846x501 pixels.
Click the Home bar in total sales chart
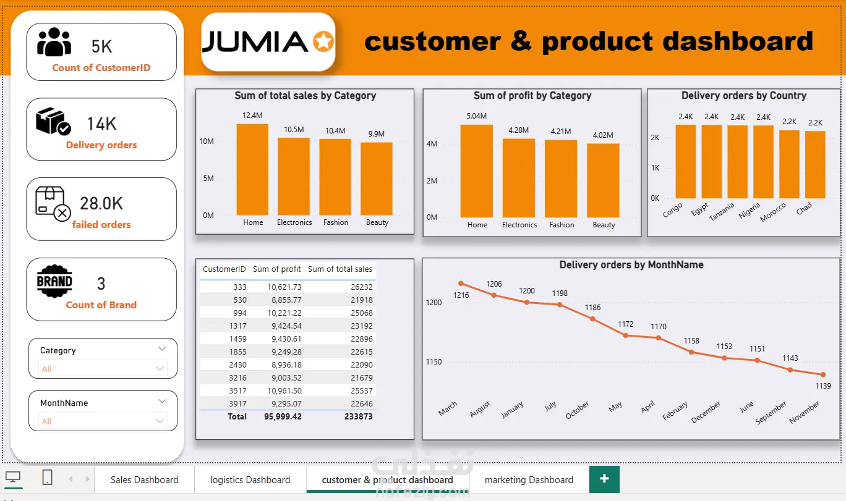(x=252, y=169)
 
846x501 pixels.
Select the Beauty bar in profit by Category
(x=603, y=180)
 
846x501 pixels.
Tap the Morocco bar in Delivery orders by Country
(x=789, y=164)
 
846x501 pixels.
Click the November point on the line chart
(x=823, y=374)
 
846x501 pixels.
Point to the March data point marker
(x=461, y=284)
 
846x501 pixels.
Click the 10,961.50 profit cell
(x=284, y=390)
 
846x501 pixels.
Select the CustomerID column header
(x=224, y=269)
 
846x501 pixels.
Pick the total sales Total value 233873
(x=358, y=416)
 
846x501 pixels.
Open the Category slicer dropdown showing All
(x=103, y=368)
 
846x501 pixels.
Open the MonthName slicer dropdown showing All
(x=103, y=421)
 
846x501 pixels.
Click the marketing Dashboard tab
(x=529, y=479)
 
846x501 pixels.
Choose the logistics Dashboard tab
(x=250, y=479)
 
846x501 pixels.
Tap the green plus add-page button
(x=604, y=479)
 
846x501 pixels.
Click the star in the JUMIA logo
(x=323, y=41)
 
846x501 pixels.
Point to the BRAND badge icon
(x=54, y=281)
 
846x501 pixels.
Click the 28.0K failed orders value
(x=101, y=203)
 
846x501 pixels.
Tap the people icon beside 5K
(x=54, y=42)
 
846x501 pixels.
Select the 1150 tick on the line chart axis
(x=434, y=362)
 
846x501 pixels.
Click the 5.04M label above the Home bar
(x=476, y=116)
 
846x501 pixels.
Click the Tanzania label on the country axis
(x=722, y=211)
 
